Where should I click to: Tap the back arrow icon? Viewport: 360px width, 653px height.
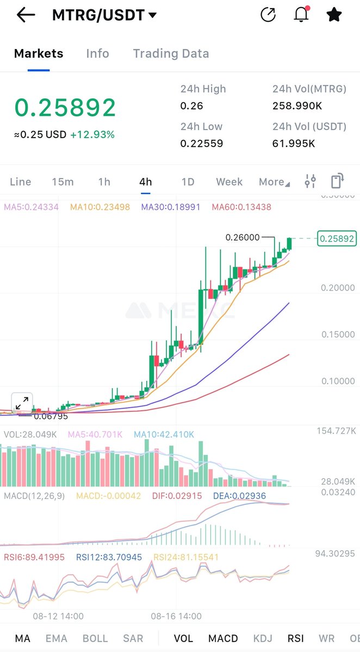point(26,15)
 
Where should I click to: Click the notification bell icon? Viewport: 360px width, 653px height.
point(301,15)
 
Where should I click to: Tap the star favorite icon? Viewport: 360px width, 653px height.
point(334,15)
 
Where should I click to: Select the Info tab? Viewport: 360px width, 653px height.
point(97,53)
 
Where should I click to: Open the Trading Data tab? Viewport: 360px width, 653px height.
point(171,53)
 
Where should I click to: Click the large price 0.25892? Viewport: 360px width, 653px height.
point(65,108)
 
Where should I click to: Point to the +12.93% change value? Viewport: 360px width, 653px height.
point(92,134)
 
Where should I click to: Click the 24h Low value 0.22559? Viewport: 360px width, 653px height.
point(202,144)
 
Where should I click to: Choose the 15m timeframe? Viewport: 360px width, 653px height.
point(63,182)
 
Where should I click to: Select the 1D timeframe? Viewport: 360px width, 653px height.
point(188,182)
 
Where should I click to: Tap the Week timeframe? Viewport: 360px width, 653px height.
point(229,182)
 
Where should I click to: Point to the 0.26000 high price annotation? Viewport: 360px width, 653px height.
point(242,238)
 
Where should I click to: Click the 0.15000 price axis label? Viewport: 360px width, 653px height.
point(337,334)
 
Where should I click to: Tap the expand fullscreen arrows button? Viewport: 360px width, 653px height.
point(22,403)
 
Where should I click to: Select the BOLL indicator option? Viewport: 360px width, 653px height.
point(95,638)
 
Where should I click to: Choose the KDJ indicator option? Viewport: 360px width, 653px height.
point(263,638)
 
